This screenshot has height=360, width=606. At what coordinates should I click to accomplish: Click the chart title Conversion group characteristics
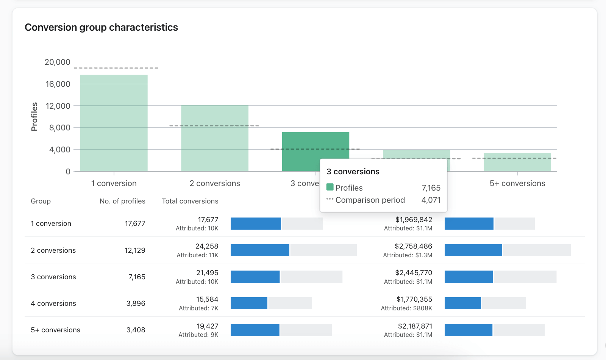(x=101, y=27)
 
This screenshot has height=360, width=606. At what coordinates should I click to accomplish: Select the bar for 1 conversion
(x=114, y=123)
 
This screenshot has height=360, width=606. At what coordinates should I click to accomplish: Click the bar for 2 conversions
(x=215, y=138)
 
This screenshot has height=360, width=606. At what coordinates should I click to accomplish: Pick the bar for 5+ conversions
(x=517, y=162)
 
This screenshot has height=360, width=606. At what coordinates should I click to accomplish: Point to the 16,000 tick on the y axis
(x=58, y=84)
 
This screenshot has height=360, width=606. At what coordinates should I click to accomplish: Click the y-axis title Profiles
(x=34, y=117)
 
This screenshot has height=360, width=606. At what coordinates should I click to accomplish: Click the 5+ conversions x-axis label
(x=517, y=183)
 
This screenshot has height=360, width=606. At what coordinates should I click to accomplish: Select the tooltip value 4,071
(x=431, y=200)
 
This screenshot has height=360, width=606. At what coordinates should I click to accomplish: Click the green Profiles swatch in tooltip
(x=330, y=187)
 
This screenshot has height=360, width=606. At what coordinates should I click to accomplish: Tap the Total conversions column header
(x=190, y=201)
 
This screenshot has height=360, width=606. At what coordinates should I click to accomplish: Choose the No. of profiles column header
(x=122, y=201)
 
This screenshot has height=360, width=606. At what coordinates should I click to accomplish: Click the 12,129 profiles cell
(x=135, y=250)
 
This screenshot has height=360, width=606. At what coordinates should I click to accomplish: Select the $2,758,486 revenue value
(x=413, y=246)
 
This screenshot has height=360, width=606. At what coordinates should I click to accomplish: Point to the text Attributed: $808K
(x=406, y=308)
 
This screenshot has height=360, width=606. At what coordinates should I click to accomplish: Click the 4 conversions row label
(x=53, y=304)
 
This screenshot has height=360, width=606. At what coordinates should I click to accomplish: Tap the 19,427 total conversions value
(x=207, y=326)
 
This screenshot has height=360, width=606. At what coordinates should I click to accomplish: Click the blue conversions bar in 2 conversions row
(x=260, y=250)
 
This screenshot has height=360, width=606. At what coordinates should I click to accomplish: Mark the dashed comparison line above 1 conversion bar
(x=116, y=68)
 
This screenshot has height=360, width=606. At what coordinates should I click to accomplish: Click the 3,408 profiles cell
(x=136, y=330)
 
